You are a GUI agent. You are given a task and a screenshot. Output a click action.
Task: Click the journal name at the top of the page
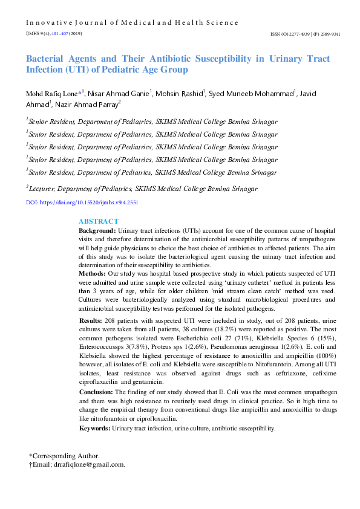[x=132, y=22]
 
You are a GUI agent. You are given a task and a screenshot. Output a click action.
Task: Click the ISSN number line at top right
[x=305, y=34]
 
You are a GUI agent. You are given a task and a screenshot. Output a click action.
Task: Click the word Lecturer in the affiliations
[x=44, y=188]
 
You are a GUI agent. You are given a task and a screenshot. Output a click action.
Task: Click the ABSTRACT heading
[x=99, y=221]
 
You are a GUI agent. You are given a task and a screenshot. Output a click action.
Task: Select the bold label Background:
[x=97, y=231]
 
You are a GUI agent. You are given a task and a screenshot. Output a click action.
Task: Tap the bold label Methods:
[x=93, y=273]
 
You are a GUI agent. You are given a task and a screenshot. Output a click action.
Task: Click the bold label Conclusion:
[x=97, y=391]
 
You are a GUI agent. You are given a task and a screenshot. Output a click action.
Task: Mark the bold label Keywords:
[x=95, y=428]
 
